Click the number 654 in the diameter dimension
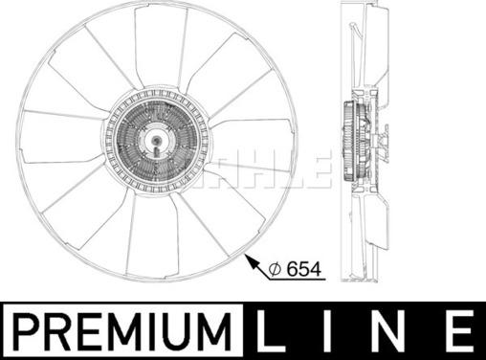point(303,270)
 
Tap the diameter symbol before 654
point(275,270)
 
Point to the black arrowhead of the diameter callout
point(252,262)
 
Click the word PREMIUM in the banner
point(123,331)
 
